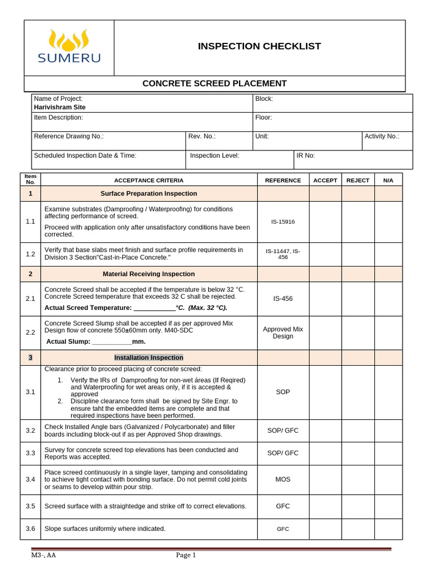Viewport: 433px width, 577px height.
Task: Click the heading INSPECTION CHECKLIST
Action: [259, 46]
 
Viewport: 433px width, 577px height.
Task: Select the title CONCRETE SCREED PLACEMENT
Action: [214, 83]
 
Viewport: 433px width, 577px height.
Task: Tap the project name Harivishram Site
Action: [60, 107]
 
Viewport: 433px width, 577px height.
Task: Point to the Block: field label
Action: [264, 99]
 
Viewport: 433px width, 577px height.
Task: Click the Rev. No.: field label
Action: [202, 136]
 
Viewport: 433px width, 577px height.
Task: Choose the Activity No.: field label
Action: [382, 136]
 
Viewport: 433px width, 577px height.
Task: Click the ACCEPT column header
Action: [325, 180]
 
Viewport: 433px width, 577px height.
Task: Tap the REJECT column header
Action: [358, 180]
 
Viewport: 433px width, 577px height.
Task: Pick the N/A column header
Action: [388, 180]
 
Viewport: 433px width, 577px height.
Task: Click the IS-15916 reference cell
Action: [283, 222]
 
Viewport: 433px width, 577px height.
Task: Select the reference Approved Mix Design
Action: [283, 332]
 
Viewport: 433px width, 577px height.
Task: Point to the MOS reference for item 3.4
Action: [283, 480]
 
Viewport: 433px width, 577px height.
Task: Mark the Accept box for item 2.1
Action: [325, 299]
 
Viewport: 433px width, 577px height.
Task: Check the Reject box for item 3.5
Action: [358, 506]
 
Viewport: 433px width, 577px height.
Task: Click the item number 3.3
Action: [30, 453]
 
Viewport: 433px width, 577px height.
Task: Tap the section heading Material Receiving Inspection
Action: [149, 274]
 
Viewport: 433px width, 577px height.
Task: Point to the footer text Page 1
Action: [185, 555]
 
